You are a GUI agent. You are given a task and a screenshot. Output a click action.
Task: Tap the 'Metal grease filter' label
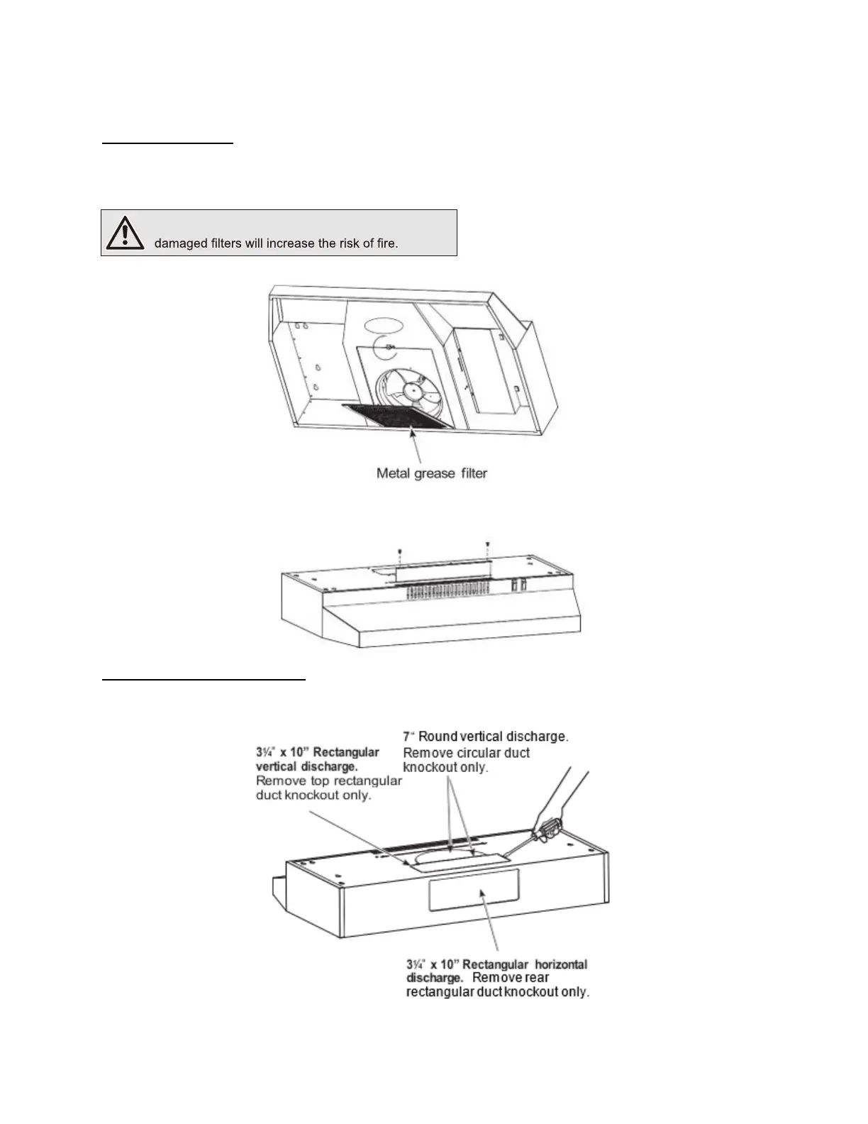[x=431, y=473]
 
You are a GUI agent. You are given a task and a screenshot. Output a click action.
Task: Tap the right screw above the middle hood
[x=487, y=544]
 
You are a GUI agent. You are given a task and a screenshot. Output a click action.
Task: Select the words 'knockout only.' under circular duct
[x=445, y=768]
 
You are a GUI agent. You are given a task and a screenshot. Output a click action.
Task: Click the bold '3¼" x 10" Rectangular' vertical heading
[x=318, y=752]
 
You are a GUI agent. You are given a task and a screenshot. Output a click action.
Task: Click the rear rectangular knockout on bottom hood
[x=474, y=890]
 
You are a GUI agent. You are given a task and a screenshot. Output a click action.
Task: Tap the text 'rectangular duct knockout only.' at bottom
[x=497, y=992]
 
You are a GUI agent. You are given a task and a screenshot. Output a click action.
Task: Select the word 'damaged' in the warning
[x=181, y=243]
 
